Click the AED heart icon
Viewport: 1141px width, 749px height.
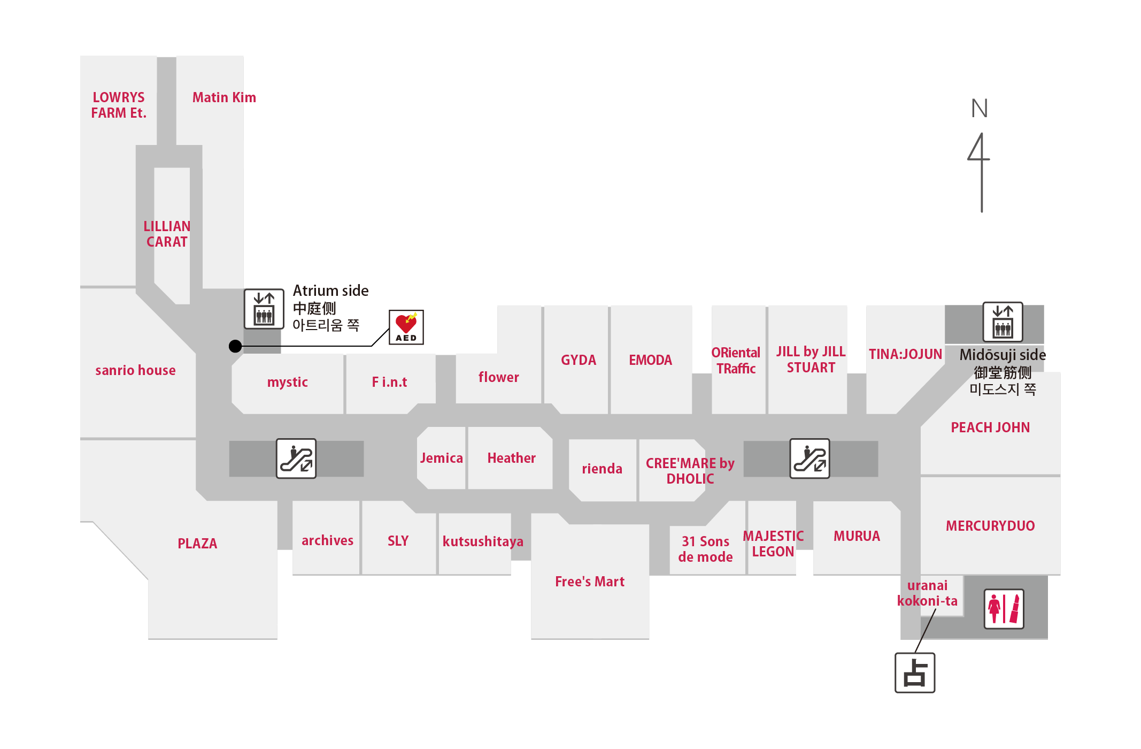click(406, 327)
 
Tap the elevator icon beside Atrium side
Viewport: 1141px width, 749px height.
click(264, 309)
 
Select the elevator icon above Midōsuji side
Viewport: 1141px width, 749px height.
click(1003, 322)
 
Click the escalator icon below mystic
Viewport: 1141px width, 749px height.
click(296, 458)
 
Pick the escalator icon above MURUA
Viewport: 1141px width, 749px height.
click(810, 458)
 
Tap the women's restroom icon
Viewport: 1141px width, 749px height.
click(1004, 609)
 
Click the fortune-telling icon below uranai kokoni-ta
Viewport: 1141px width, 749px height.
click(915, 672)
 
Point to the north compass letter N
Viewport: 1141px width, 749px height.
click(980, 109)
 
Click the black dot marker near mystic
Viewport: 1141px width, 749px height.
click(235, 346)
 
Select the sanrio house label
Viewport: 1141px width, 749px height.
click(135, 370)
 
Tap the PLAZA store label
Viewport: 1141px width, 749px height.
click(197, 544)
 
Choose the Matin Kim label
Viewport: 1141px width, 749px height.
click(224, 97)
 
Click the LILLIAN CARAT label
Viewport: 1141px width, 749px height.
click(167, 234)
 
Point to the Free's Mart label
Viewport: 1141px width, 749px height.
click(590, 582)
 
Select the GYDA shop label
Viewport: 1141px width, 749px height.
click(579, 360)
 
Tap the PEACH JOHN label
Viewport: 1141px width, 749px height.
click(990, 427)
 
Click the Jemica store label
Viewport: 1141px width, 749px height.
click(442, 458)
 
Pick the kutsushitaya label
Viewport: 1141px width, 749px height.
click(483, 541)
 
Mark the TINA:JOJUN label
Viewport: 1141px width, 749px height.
click(905, 354)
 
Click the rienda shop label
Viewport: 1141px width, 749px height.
click(602, 469)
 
